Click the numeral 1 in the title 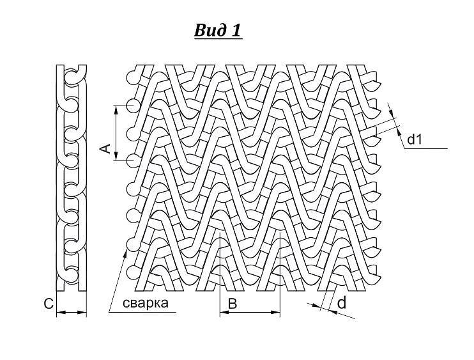(x=236, y=30)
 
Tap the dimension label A (x=105, y=148)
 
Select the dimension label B (x=232, y=304)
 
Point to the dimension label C (x=49, y=304)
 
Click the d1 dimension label (x=414, y=139)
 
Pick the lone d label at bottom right (x=342, y=302)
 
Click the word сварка (x=146, y=303)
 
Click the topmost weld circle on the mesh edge (x=134, y=77)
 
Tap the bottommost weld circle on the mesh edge (x=133, y=272)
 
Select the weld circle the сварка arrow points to (x=133, y=244)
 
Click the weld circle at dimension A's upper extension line (x=134, y=105)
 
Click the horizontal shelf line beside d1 (x=425, y=148)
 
